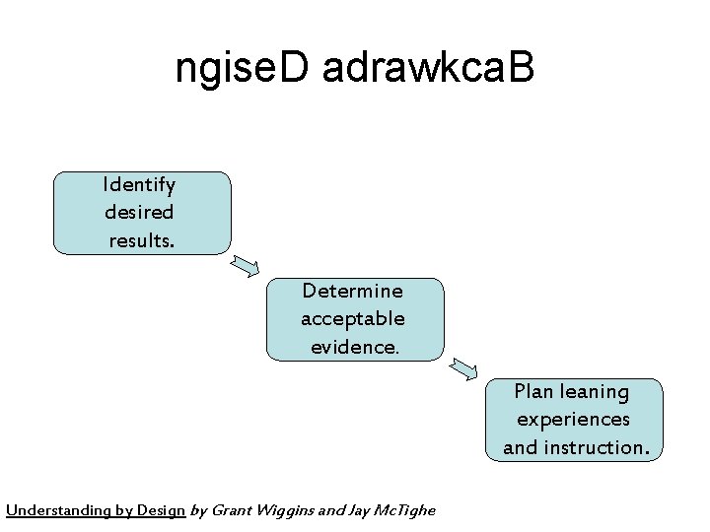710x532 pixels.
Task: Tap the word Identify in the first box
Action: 139,184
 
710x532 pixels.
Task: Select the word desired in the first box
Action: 139,212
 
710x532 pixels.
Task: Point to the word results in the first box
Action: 140,239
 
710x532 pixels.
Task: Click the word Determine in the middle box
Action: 353,291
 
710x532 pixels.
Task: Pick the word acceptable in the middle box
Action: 353,318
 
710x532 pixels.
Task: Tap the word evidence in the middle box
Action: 353,346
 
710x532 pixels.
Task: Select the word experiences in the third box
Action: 573,419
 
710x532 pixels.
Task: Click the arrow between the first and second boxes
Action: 247,265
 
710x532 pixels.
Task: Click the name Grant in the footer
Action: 230,510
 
